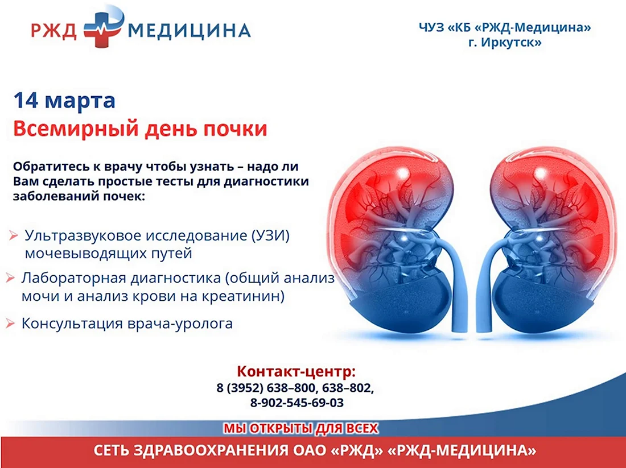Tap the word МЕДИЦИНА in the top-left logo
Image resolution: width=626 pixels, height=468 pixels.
click(x=190, y=30)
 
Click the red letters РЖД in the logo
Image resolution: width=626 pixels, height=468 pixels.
click(x=53, y=30)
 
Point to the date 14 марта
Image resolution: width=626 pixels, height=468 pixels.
click(x=64, y=100)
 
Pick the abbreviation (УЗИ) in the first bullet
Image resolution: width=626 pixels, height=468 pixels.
click(x=271, y=235)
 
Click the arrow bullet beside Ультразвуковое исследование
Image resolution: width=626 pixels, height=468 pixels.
click(x=14, y=235)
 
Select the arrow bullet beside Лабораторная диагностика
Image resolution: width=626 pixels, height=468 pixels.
click(x=10, y=278)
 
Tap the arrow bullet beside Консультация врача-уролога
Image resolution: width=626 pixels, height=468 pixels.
click(x=10, y=323)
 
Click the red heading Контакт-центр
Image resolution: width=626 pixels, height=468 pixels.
click(x=296, y=371)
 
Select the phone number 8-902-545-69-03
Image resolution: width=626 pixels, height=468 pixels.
click(x=296, y=403)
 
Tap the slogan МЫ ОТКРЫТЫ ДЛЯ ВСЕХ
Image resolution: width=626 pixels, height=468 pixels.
click(x=300, y=429)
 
